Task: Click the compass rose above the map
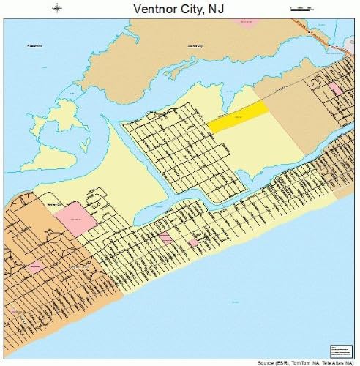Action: click(58, 8)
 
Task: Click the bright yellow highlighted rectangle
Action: click(238, 116)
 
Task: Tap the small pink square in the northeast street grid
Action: click(334, 87)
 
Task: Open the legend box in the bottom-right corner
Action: click(341, 351)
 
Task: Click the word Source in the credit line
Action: click(266, 362)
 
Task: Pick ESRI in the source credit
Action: click(285, 362)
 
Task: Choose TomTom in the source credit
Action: click(306, 362)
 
